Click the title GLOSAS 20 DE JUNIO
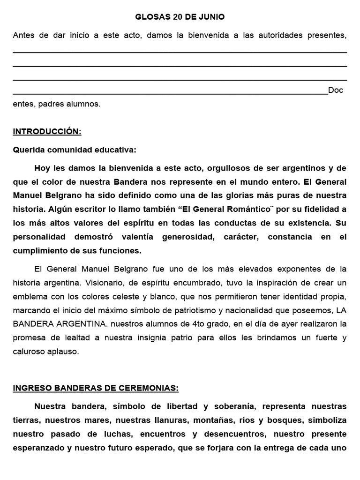(x=180, y=17)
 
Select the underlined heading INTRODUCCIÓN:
(x=47, y=132)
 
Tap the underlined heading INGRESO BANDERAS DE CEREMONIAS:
(x=95, y=388)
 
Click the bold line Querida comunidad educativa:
(x=75, y=150)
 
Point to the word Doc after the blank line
(x=336, y=90)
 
